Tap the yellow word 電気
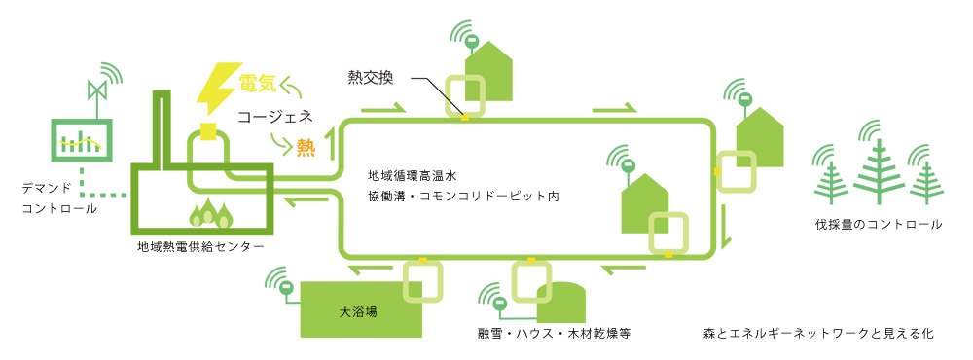tap(262, 84)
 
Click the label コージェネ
tap(276, 116)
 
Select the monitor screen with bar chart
tap(82, 143)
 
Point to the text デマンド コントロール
tap(58, 197)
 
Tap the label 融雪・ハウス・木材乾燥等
tap(555, 334)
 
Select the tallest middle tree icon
tap(880, 169)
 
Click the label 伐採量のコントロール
tap(879, 225)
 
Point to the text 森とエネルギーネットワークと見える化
tap(818, 334)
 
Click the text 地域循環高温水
tap(413, 176)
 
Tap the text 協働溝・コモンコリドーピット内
tap(463, 197)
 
